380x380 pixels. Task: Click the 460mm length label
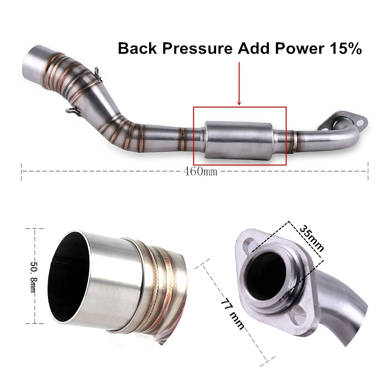click(x=200, y=171)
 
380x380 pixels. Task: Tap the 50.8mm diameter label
click(x=34, y=276)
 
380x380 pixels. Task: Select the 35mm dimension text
click(x=312, y=239)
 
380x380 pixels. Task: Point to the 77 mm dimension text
click(x=232, y=315)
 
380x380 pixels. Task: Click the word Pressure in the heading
click(x=197, y=48)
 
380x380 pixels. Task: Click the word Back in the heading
click(x=137, y=48)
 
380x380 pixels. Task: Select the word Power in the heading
click(x=299, y=48)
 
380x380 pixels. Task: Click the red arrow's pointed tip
click(x=239, y=105)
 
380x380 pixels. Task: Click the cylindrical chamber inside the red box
click(x=239, y=140)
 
